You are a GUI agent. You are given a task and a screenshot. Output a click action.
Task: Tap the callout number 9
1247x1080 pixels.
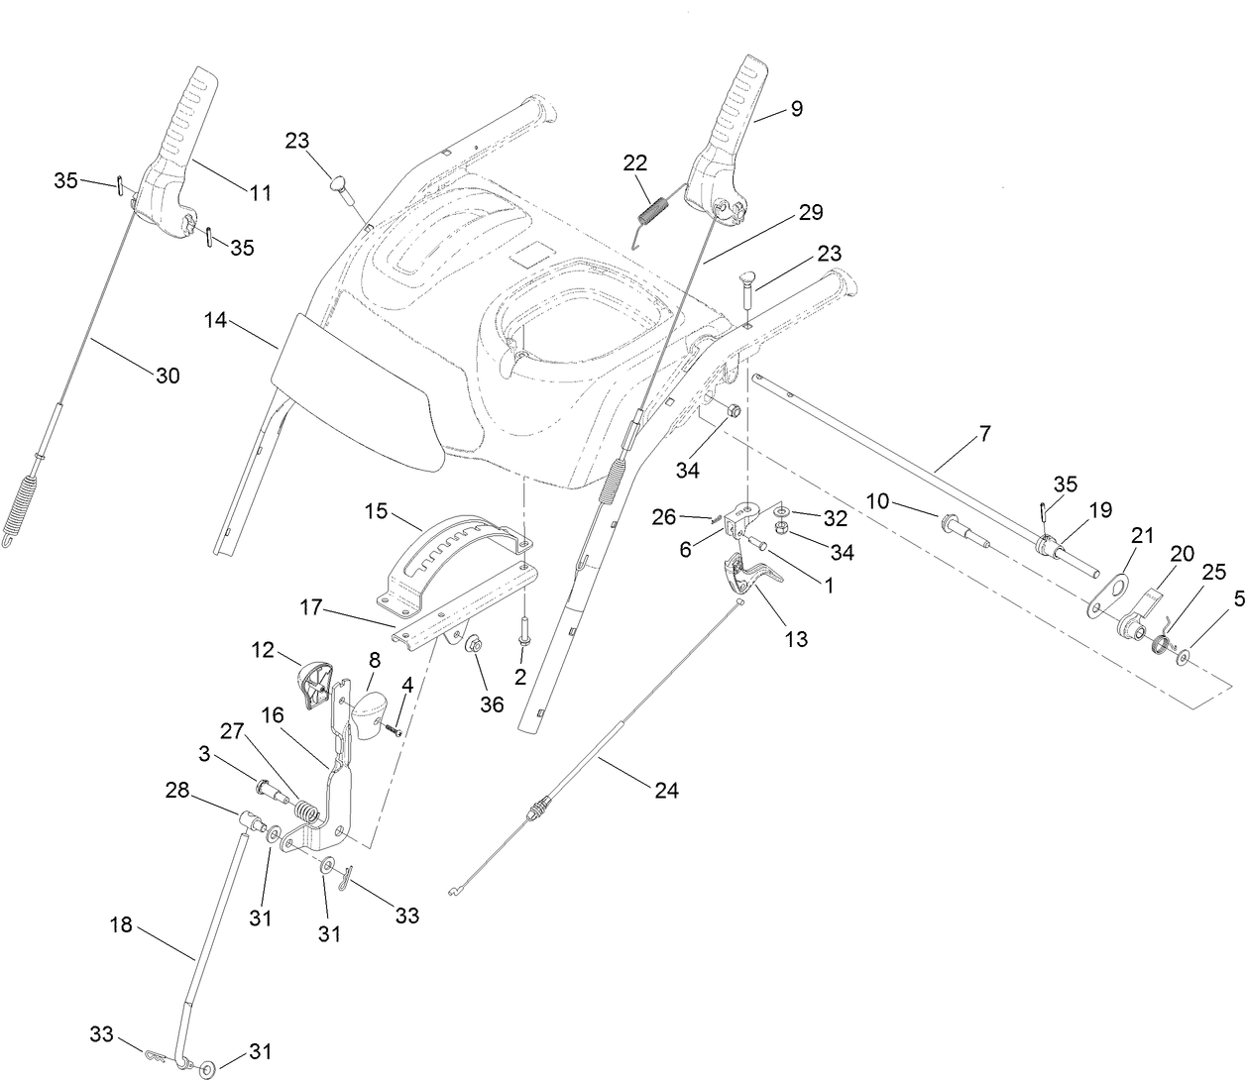(796, 109)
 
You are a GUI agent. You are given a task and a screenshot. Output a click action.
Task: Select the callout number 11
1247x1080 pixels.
(260, 193)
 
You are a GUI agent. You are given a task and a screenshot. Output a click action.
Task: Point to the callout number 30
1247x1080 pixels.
(168, 376)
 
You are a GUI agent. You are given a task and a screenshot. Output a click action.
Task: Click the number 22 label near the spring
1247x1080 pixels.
(635, 163)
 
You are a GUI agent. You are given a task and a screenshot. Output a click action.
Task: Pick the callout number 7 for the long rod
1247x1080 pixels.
(983, 432)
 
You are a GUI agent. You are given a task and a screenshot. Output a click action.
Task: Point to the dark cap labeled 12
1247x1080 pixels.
(313, 684)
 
